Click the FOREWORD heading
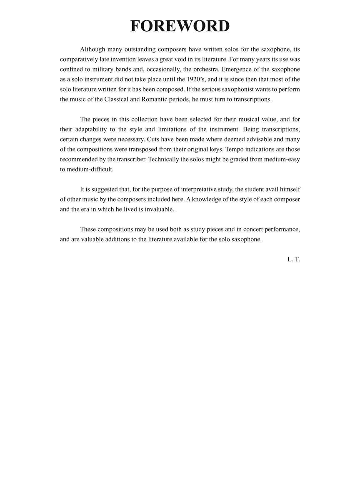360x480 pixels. (180, 26)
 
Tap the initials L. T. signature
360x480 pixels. (293, 259)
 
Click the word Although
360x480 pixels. (95, 49)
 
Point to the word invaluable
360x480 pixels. (159, 209)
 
